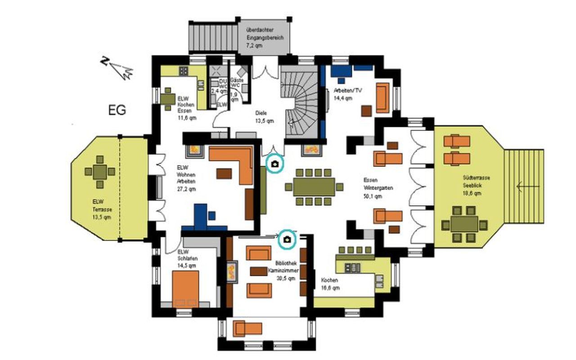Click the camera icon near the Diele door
pyautogui.click(x=275, y=164)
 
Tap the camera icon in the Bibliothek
pyautogui.click(x=287, y=240)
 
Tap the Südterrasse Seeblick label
pyautogui.click(x=472, y=185)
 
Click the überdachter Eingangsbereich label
pyautogui.click(x=265, y=38)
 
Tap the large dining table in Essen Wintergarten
pyautogui.click(x=314, y=187)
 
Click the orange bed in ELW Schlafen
pyautogui.click(x=185, y=288)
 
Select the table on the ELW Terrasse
pyautogui.click(x=100, y=171)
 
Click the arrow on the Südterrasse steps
pyautogui.click(x=524, y=185)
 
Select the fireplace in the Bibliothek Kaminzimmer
pyautogui.click(x=232, y=271)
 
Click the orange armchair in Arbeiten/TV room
pyautogui.click(x=382, y=98)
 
